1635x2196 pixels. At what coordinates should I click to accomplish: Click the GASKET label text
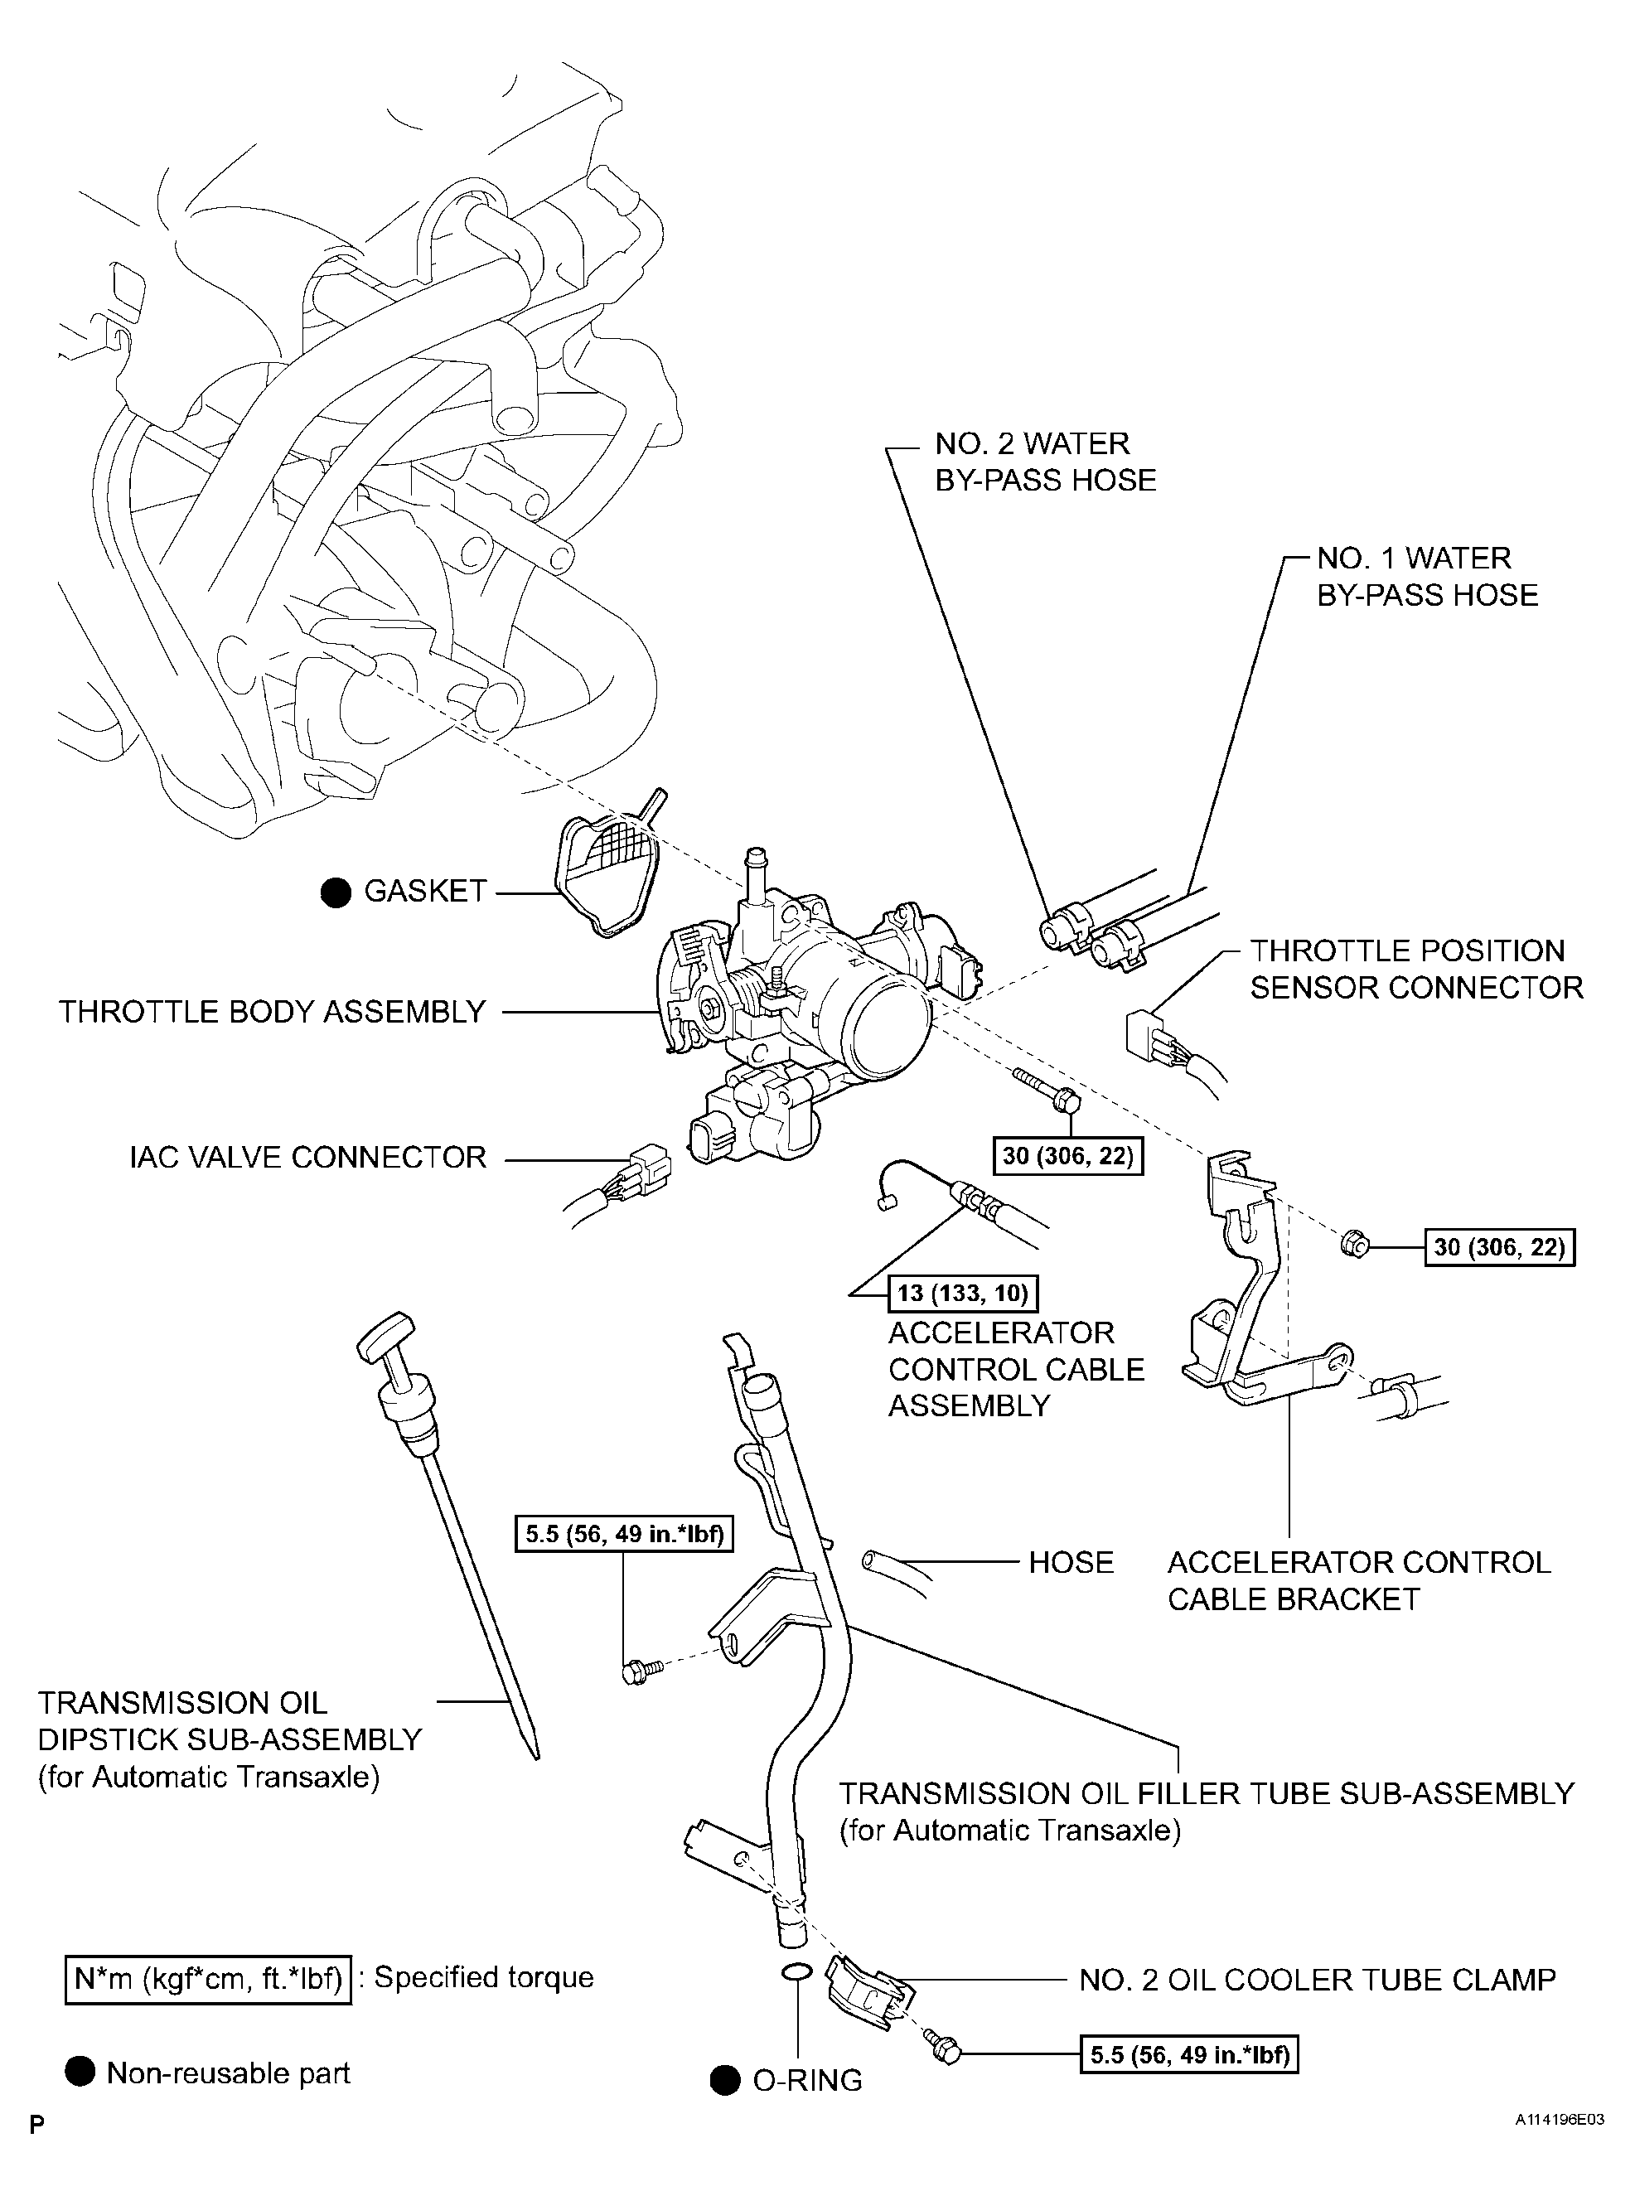[x=426, y=891]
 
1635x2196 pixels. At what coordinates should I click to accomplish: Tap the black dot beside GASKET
[x=336, y=892]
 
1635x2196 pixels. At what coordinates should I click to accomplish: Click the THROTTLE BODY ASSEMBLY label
[x=272, y=1012]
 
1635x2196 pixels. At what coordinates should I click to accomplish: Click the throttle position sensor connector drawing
[x=1148, y=1038]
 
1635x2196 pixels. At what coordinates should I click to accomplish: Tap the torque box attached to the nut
[x=1498, y=1247]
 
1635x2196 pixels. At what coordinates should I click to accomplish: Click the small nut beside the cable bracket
[x=1354, y=1244]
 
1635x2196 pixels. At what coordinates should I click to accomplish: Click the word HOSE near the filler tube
[x=1070, y=1563]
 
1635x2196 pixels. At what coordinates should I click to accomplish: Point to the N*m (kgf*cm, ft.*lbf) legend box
[x=208, y=1978]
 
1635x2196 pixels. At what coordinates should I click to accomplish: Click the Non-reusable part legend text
[x=228, y=2073]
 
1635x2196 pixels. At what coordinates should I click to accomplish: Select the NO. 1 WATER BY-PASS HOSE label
[x=1426, y=576]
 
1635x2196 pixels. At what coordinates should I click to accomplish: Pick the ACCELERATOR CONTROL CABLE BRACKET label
[x=1358, y=1580]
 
